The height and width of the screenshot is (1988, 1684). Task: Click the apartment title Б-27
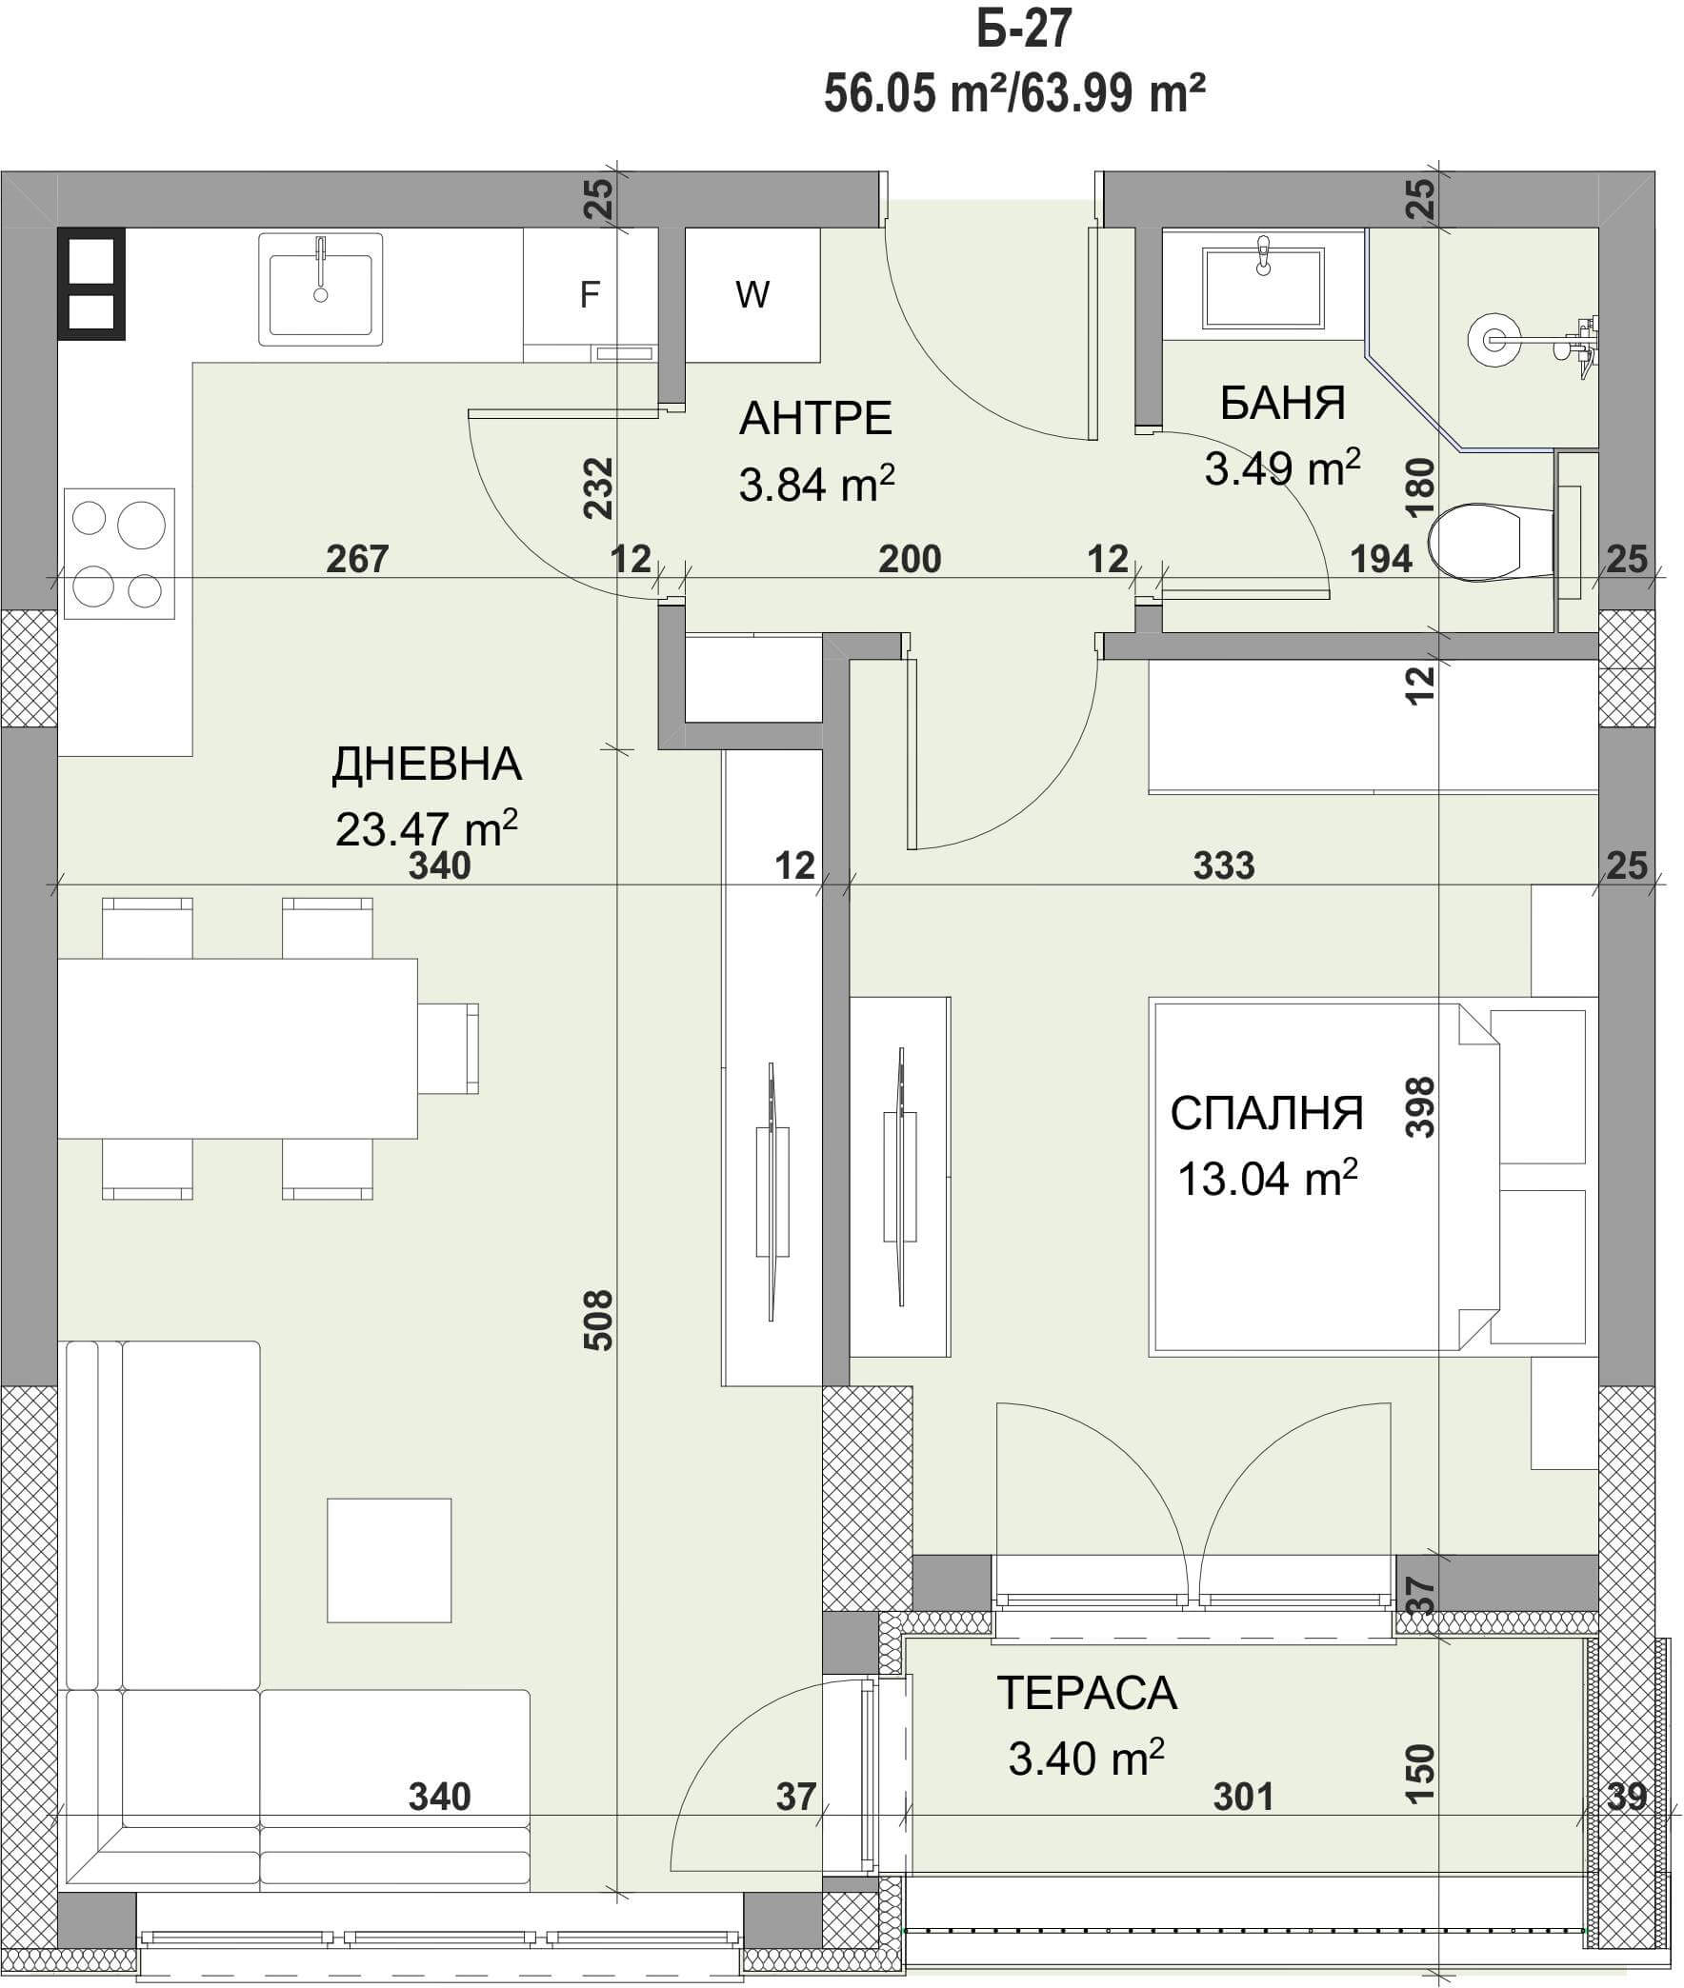(1024, 29)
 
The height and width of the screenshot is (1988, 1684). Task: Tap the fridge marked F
(590, 295)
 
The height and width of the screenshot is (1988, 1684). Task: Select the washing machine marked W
(752, 295)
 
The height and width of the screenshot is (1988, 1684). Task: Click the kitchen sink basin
(321, 289)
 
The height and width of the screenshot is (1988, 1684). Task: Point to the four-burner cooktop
(119, 553)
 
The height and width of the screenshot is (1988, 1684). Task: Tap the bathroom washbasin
(1263, 288)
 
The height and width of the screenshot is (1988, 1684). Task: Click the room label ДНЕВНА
(427, 764)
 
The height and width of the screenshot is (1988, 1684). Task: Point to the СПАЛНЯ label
(1267, 1113)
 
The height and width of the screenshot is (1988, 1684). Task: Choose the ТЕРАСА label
(1087, 1693)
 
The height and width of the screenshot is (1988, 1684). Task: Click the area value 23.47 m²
(427, 827)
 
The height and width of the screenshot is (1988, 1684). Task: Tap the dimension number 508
(597, 1320)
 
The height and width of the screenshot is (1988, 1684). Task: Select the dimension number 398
(1420, 1107)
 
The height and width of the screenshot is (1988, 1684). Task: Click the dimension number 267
(357, 559)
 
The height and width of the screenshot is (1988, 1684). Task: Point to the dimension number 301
(1243, 1798)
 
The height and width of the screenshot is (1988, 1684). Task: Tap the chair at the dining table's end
(448, 1048)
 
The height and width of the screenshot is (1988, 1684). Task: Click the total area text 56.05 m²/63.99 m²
(1013, 93)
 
